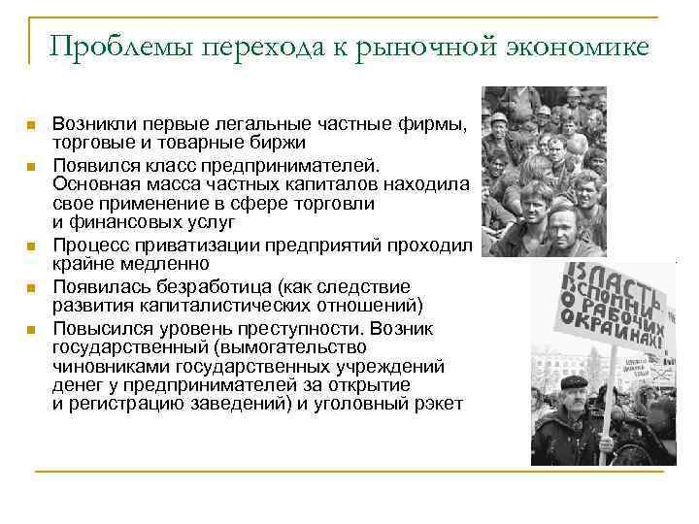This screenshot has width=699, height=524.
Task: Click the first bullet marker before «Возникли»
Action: [31, 125]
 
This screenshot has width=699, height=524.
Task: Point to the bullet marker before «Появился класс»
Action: [31, 166]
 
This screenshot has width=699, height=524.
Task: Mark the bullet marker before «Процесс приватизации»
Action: [31, 246]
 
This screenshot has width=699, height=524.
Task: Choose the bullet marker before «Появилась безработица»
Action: [31, 287]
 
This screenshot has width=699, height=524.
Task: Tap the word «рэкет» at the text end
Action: [437, 403]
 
